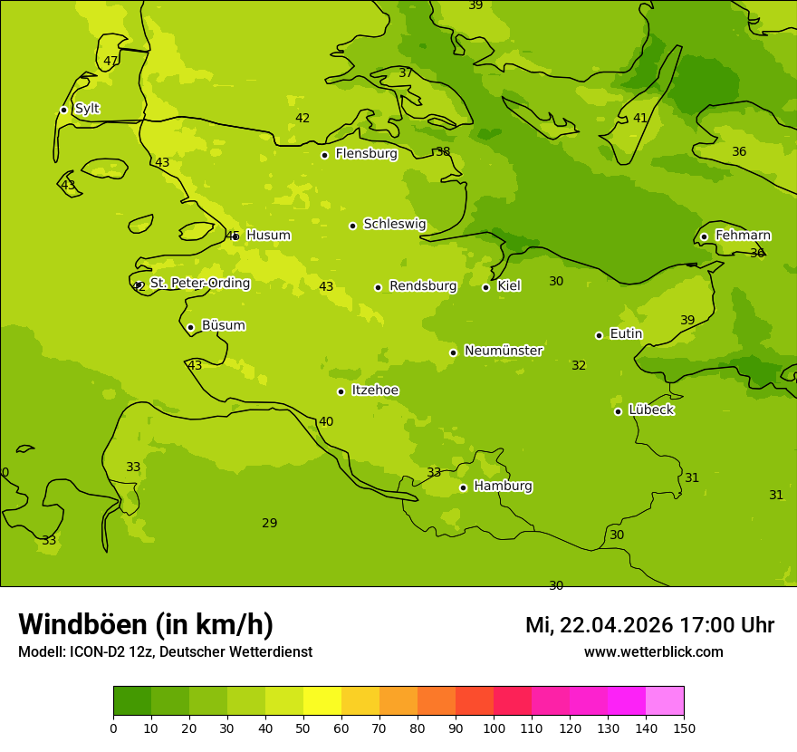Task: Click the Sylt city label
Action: [87, 109]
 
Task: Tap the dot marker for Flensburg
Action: [324, 155]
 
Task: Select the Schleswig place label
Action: [394, 224]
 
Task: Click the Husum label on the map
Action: [268, 236]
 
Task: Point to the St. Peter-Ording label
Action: [200, 284]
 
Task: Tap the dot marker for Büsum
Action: [190, 327]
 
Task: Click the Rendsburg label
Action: [423, 286]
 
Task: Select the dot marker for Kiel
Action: [485, 287]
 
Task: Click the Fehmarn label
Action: [743, 236]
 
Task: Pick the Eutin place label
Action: [626, 334]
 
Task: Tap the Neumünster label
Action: [504, 351]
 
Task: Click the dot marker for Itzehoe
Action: [341, 391]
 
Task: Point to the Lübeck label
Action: [651, 410]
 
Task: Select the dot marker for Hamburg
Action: [463, 487]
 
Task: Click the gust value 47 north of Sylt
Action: [110, 62]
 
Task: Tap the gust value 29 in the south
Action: [269, 524]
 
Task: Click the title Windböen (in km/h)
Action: [146, 624]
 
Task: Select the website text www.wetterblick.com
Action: [653, 652]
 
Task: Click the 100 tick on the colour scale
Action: [494, 728]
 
